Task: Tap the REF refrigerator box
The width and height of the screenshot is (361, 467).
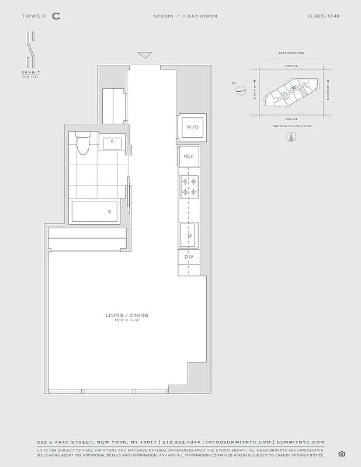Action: pyautogui.click(x=189, y=156)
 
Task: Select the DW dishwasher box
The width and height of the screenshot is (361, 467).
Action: pyautogui.click(x=189, y=257)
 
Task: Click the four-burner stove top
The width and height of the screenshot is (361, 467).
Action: pyautogui.click(x=189, y=186)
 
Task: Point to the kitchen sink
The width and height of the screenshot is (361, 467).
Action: pyautogui.click(x=189, y=235)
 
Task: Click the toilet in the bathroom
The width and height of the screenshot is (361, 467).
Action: pyautogui.click(x=83, y=142)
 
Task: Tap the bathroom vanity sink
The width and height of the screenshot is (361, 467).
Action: pyautogui.click(x=112, y=142)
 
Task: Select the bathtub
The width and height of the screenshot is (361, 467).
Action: pyautogui.click(x=95, y=211)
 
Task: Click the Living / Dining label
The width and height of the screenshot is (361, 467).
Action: pyautogui.click(x=127, y=315)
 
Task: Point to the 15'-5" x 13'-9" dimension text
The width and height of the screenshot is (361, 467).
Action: pyautogui.click(x=127, y=321)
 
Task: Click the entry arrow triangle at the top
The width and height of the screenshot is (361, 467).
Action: pyautogui.click(x=145, y=55)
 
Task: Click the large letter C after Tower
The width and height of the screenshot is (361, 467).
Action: pyautogui.click(x=55, y=16)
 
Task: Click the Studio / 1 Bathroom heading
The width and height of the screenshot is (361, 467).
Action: pyautogui.click(x=185, y=16)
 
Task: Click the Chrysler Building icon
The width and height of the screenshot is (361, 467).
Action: pyautogui.click(x=290, y=137)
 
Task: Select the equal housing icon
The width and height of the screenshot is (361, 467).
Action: pyautogui.click(x=341, y=454)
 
